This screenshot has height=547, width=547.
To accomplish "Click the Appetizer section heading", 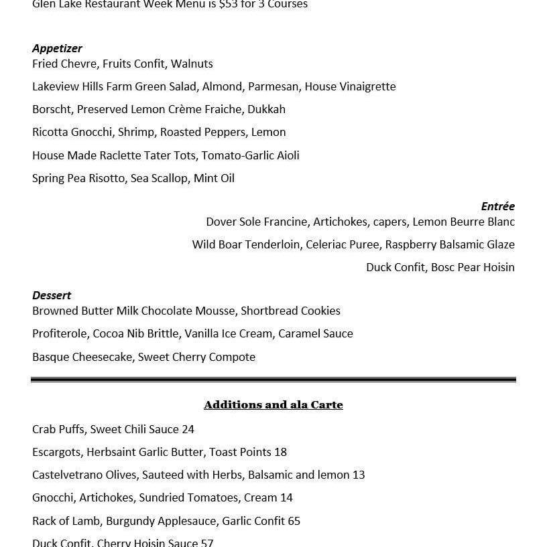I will point(57,48).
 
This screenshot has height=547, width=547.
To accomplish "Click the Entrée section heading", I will point(497,206).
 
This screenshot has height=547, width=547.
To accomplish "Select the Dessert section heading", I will point(52,295).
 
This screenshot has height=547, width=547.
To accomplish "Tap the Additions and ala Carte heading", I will point(273,404).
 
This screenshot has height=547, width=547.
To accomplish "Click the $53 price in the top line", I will point(227,5).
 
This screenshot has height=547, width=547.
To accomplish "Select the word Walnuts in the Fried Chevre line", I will point(192,64).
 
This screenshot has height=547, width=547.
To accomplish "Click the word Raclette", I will point(120,155).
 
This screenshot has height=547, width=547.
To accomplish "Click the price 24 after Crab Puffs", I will point(188,429).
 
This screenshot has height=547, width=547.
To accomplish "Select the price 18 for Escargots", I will point(280,452).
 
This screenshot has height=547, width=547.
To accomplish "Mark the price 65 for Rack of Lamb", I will point(294,521).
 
